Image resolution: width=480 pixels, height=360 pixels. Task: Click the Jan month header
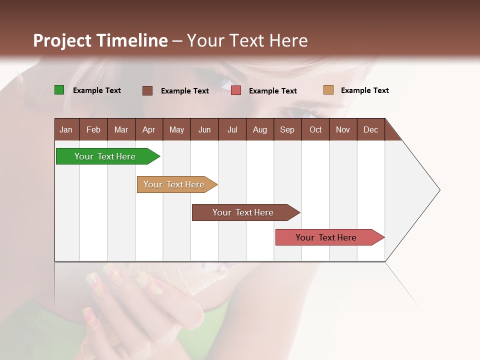(66, 129)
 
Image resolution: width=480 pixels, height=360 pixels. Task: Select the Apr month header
(149, 129)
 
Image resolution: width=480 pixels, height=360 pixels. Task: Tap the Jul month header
(232, 129)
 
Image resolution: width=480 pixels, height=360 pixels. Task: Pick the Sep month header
(287, 129)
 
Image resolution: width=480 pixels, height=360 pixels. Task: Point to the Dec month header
(370, 129)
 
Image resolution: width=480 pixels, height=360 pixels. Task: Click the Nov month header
(343, 129)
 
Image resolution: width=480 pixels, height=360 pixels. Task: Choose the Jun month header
(204, 129)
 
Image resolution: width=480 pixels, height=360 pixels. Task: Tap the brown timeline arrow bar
(243, 212)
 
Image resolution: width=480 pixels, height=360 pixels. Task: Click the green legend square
(59, 90)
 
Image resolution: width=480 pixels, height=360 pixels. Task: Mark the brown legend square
(147, 90)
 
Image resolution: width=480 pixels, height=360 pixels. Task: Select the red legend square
(236, 90)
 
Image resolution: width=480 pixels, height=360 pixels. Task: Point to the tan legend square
(328, 90)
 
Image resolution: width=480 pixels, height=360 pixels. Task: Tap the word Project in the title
(62, 40)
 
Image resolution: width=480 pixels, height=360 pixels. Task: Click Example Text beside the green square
(97, 90)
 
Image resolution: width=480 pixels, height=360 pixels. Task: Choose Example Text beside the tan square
(365, 90)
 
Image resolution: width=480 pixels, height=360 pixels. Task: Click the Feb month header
(93, 129)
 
